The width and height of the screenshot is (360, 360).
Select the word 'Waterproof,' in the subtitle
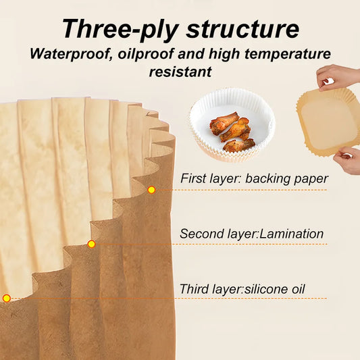tap(72, 54)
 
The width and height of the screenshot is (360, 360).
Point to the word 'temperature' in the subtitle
tap(286, 54)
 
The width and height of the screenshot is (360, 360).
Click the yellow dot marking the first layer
tap(151, 190)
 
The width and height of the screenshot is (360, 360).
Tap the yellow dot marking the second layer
tap(92, 244)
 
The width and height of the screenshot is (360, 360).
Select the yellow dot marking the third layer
tap(7, 298)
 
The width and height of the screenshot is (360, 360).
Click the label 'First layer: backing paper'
tap(254, 179)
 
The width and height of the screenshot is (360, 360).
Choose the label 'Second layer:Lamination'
tap(252, 234)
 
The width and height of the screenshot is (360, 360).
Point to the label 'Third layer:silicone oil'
tap(242, 289)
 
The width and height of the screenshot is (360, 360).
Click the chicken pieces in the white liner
tap(230, 130)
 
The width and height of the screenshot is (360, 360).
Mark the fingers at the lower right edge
tap(348, 161)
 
